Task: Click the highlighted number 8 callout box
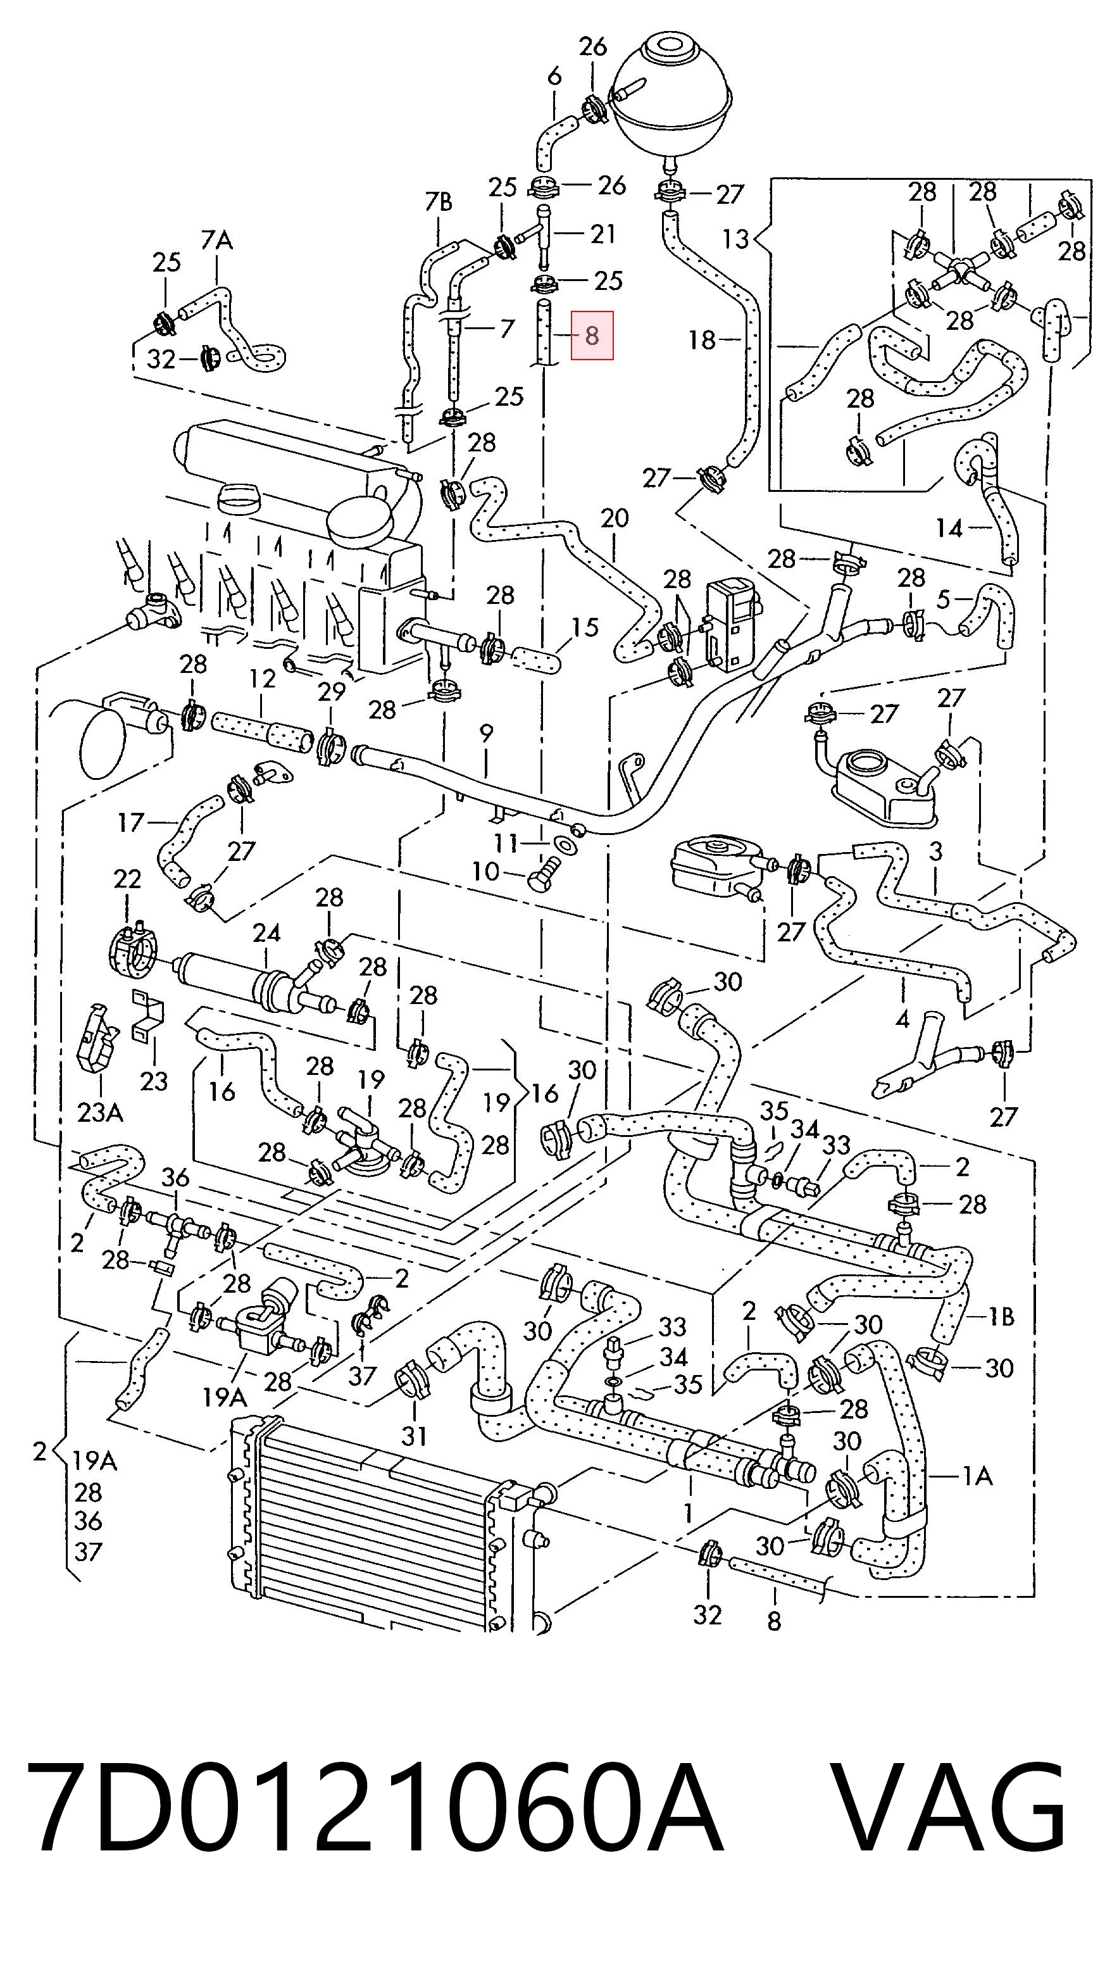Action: point(592,335)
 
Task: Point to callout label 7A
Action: point(216,241)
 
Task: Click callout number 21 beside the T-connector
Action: point(603,233)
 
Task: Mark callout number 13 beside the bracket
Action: point(735,239)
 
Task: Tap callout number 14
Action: point(949,527)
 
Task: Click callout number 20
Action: point(614,518)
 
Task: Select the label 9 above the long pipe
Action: point(486,733)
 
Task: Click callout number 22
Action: point(127,879)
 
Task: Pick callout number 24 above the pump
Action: point(266,932)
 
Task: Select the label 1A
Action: point(977,1477)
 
